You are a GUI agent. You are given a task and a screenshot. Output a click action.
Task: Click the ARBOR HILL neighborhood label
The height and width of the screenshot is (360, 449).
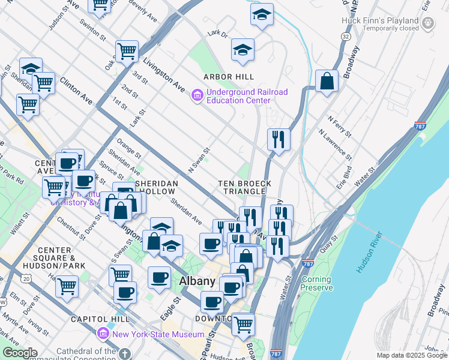coord(228,77)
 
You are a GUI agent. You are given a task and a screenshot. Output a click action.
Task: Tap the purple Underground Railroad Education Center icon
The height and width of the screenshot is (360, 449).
coord(197,96)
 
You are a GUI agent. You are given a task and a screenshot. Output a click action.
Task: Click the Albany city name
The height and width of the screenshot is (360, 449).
coord(197,281)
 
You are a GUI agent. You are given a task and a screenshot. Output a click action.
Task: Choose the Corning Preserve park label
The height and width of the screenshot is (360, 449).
coord(317,284)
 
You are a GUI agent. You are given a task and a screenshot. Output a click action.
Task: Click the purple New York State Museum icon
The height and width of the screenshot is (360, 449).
coord(103,333)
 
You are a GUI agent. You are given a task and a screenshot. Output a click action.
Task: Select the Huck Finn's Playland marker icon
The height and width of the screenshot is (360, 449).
coord(428,23)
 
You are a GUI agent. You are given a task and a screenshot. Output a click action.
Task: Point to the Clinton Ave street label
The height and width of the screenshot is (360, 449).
coord(77,91)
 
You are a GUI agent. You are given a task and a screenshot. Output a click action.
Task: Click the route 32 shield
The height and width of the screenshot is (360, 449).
coord(346,37)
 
